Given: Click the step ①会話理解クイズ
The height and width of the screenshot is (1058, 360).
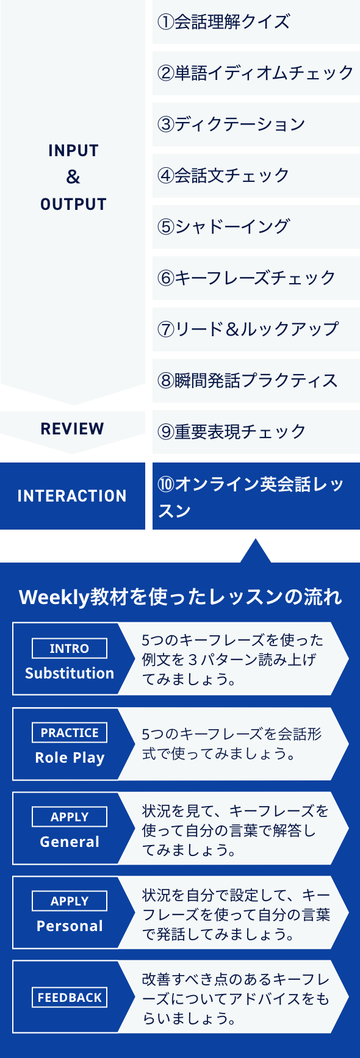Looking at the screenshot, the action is (x=223, y=22).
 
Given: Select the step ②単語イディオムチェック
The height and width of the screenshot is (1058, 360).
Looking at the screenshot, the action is (x=256, y=73).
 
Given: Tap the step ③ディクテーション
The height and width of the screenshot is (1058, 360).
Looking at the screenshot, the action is (x=231, y=124).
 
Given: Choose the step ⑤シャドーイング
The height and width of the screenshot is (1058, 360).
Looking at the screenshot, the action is (x=223, y=227).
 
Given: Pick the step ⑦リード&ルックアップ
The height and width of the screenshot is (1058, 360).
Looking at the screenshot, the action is (x=248, y=329).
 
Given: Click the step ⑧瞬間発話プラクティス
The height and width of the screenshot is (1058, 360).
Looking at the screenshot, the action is (x=248, y=381).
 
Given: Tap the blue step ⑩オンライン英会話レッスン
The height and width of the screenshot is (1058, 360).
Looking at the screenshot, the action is (x=251, y=497).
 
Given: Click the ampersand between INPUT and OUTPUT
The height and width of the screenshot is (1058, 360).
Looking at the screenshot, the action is (x=73, y=178).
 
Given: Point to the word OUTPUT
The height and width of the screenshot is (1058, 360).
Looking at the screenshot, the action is (x=73, y=204).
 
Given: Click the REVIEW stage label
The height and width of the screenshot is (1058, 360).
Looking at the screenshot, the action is (x=72, y=429).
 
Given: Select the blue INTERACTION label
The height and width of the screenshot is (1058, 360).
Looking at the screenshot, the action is (x=72, y=496).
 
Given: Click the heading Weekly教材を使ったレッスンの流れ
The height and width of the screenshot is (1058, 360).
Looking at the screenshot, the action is (x=181, y=597).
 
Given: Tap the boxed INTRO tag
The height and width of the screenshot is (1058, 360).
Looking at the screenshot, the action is (x=70, y=649).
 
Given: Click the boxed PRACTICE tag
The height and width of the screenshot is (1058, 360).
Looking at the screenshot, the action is (x=70, y=733).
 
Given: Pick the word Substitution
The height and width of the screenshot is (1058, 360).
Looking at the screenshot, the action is (x=70, y=674).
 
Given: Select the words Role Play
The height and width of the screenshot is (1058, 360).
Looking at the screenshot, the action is (x=70, y=758).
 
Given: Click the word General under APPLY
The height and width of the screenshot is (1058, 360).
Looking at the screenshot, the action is (x=70, y=842).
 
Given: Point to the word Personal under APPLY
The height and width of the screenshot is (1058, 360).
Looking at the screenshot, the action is (x=70, y=926).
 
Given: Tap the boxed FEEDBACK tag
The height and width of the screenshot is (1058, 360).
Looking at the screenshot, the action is (x=70, y=998).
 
